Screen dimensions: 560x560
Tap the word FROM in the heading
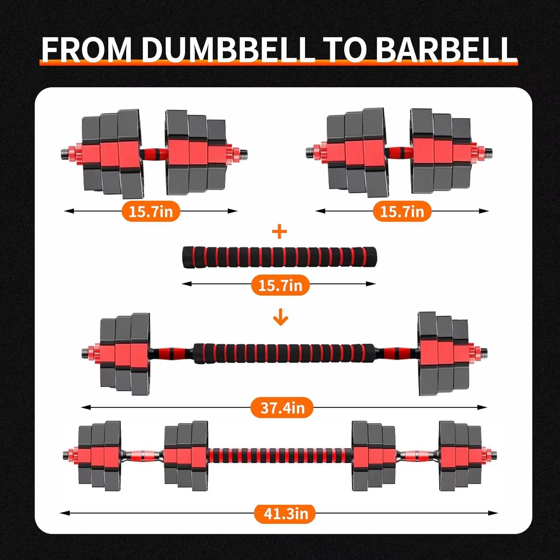[87, 49]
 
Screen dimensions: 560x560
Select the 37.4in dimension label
[282, 407]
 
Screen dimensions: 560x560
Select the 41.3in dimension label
[285, 513]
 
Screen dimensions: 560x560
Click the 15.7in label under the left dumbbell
[151, 211]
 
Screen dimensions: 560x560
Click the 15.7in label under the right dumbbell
[402, 211]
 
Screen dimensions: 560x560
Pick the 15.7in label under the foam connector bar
[280, 285]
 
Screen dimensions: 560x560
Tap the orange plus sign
[280, 232]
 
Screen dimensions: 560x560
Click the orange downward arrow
[280, 318]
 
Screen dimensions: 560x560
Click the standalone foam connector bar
[279, 257]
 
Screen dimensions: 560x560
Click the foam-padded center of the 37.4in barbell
[284, 354]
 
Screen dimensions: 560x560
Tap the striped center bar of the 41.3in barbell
[280, 455]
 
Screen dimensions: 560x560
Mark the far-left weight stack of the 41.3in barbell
[99, 455]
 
